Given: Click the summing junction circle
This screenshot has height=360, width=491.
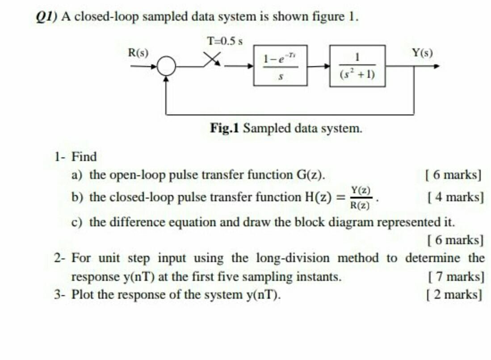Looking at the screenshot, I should [x=166, y=67].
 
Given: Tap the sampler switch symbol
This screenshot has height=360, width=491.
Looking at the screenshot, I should [x=212, y=60].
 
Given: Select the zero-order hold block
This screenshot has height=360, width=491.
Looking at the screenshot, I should [x=280, y=65].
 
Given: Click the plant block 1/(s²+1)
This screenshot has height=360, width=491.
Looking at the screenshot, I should [x=357, y=65].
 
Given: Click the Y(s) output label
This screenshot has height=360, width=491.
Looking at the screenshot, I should [x=422, y=52].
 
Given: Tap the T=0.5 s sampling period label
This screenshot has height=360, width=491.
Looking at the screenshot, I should [x=225, y=41].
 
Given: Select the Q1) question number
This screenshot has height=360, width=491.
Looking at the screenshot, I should [x=46, y=17].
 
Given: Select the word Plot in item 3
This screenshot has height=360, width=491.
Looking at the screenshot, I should [x=84, y=295].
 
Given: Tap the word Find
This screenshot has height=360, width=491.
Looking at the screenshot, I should [x=84, y=157].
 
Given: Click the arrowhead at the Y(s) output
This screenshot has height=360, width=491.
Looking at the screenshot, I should [x=436, y=67].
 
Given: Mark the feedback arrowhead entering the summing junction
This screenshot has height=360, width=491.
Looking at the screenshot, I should [x=166, y=79].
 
